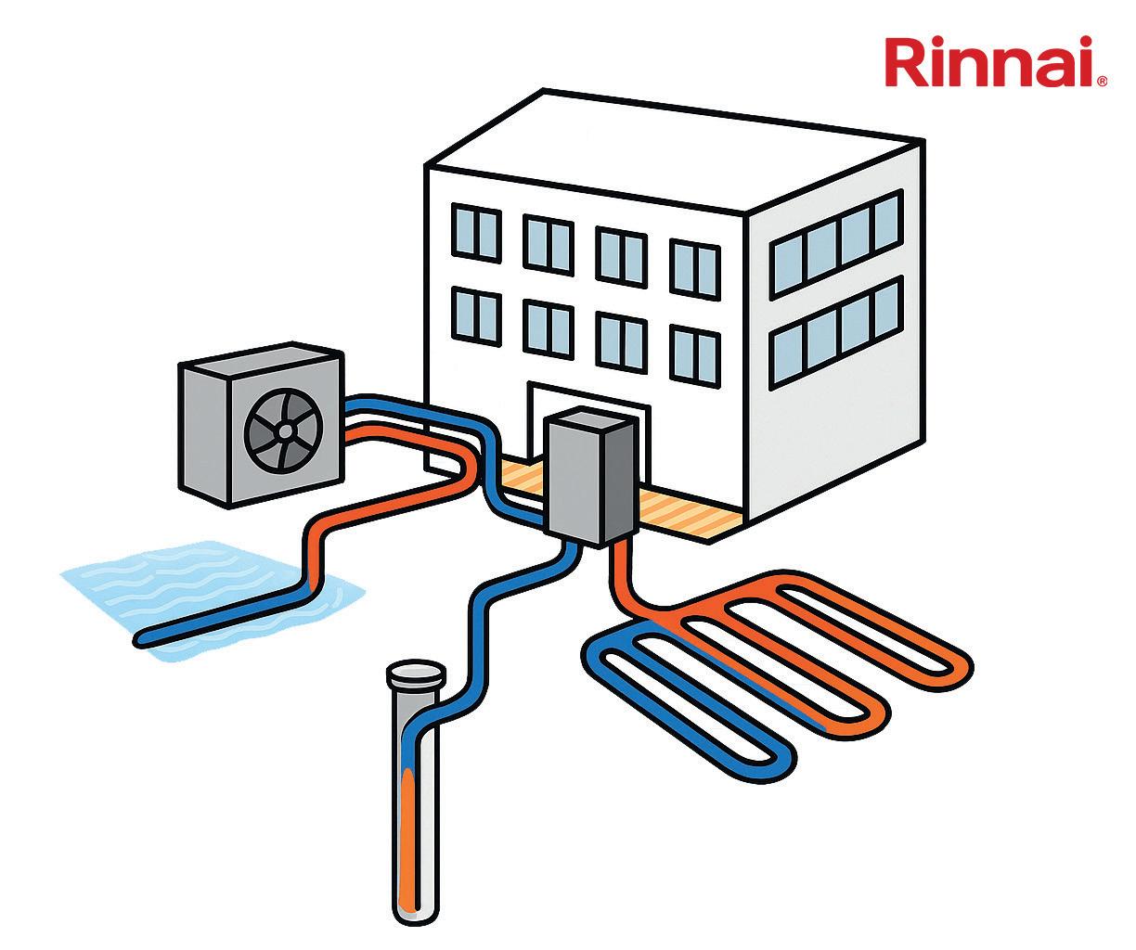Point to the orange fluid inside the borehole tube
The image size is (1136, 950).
407,835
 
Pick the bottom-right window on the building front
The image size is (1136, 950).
693,352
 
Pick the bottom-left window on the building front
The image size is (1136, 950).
476,314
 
